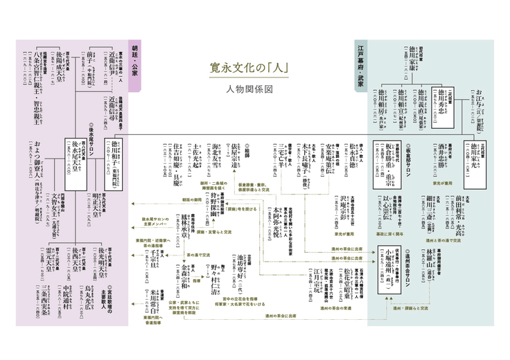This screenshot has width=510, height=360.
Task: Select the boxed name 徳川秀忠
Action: pos(445,102)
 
